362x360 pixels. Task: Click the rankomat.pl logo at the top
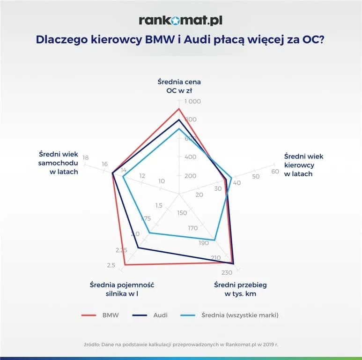click(180, 20)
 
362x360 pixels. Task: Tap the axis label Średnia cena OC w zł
click(179, 86)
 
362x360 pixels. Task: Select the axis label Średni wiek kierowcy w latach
click(304, 165)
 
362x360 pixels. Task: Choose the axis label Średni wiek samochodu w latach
click(58, 162)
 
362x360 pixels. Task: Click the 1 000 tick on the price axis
click(192, 102)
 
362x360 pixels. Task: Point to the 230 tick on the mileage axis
click(227, 273)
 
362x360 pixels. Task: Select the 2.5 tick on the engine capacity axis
click(111, 266)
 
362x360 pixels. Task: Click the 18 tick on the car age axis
click(85, 157)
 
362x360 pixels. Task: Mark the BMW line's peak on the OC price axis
click(178, 109)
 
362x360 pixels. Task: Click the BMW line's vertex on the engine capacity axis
click(125, 265)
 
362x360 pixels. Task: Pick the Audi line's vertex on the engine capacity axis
click(138, 247)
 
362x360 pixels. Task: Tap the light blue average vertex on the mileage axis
click(214, 240)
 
